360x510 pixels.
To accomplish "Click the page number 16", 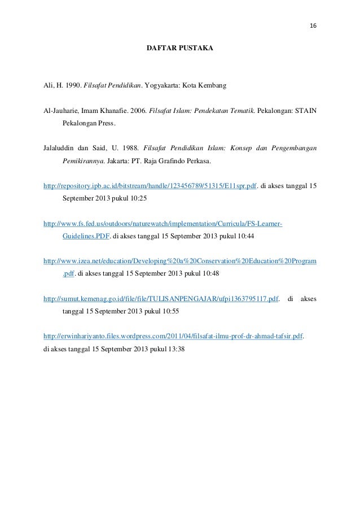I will pyautogui.click(x=313, y=26).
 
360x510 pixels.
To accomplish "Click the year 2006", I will pyautogui.click(x=137, y=111).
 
